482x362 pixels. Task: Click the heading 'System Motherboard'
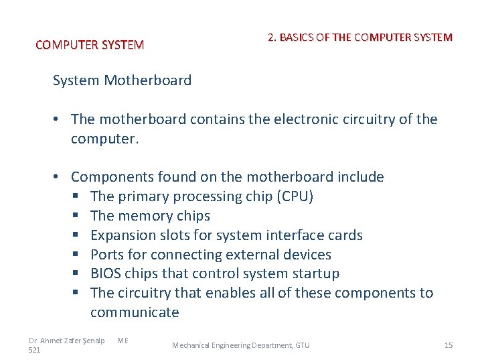pyautogui.click(x=122, y=81)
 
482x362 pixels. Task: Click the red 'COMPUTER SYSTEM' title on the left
pyautogui.click(x=90, y=46)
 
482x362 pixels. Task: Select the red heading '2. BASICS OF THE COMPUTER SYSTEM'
pyautogui.click(x=359, y=38)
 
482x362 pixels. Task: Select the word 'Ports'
pyautogui.click(x=107, y=255)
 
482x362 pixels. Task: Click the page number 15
pyautogui.click(x=449, y=345)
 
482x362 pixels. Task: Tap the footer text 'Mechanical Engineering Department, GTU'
pyautogui.click(x=241, y=345)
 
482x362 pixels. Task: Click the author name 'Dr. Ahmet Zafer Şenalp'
pyautogui.click(x=67, y=341)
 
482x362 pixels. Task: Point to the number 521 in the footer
pyautogui.click(x=35, y=350)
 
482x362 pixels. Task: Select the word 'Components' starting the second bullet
pyautogui.click(x=112, y=177)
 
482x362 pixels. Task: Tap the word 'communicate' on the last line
pyautogui.click(x=135, y=312)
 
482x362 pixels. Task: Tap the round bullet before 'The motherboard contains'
pyautogui.click(x=59, y=119)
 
